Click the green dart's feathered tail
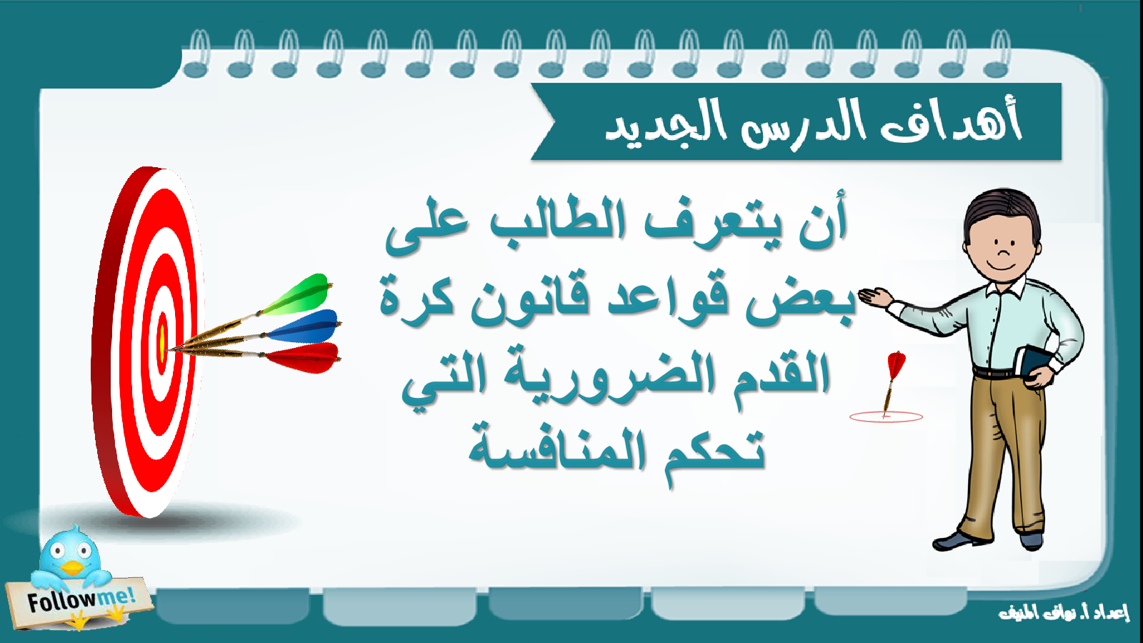299,295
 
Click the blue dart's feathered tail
304,327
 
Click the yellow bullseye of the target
162,344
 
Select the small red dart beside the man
892,383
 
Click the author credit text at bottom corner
1064,613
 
